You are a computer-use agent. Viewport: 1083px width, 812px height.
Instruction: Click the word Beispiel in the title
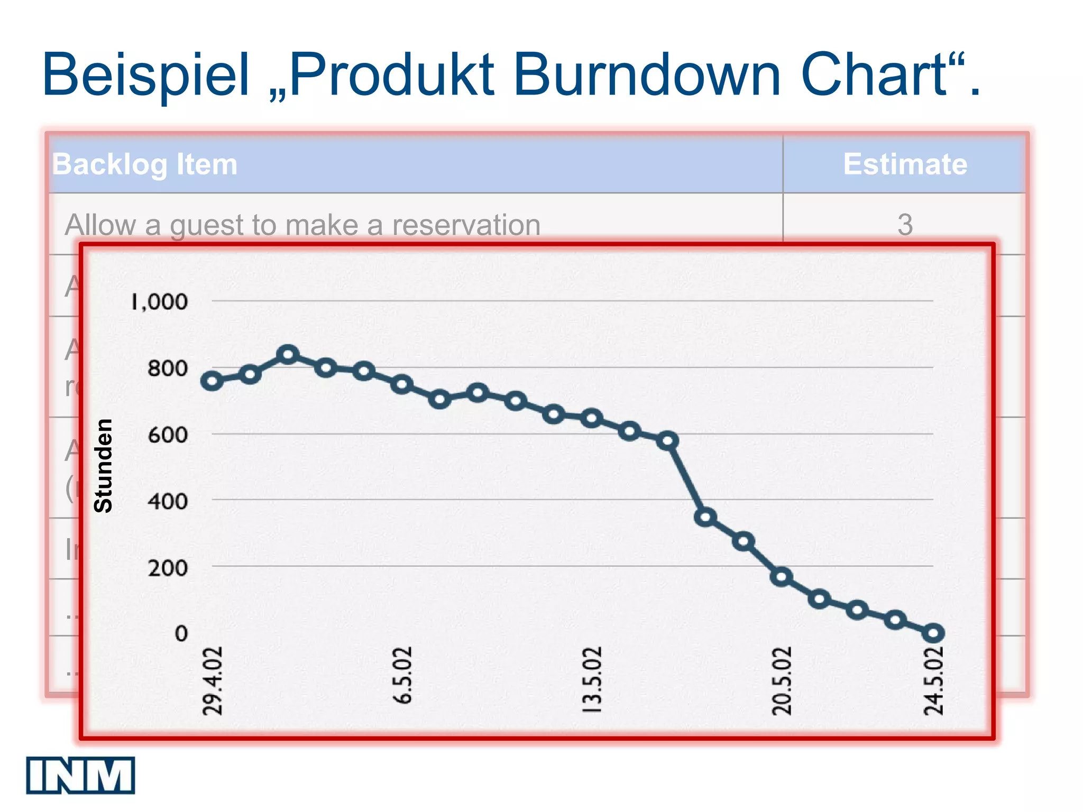click(145, 75)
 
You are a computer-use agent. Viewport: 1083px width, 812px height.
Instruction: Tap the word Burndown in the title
click(646, 75)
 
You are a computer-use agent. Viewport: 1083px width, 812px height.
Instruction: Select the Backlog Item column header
click(145, 164)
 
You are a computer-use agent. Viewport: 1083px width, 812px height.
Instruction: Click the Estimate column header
click(905, 164)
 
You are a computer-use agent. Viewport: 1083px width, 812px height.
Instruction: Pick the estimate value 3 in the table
click(905, 225)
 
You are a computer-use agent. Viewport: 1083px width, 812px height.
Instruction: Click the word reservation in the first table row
click(466, 225)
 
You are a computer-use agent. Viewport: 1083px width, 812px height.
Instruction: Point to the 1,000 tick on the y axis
click(159, 302)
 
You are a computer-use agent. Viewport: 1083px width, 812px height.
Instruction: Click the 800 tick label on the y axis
click(168, 368)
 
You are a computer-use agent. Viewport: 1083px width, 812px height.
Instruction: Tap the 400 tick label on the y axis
click(168, 501)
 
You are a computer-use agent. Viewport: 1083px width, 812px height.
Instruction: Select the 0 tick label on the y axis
click(181, 633)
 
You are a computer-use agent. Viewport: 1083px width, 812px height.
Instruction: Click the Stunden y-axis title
click(103, 466)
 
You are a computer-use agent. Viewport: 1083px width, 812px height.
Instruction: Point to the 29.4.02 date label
click(213, 681)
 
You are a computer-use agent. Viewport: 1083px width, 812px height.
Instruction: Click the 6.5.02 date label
click(402, 675)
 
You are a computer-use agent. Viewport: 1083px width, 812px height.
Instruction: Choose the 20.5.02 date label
click(782, 681)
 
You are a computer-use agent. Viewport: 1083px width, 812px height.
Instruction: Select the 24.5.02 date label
click(933, 681)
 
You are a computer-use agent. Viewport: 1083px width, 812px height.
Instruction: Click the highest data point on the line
click(288, 354)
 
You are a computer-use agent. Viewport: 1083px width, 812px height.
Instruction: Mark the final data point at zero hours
click(933, 633)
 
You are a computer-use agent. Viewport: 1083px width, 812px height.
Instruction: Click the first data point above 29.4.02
click(212, 381)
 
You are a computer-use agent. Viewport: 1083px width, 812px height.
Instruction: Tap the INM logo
click(80, 775)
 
